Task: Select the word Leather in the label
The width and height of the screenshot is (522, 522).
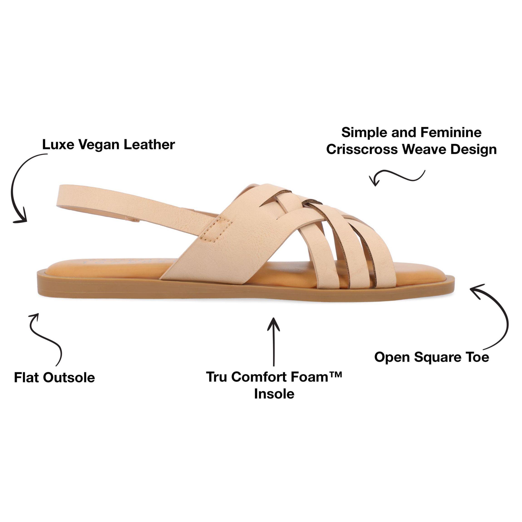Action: click(x=149, y=145)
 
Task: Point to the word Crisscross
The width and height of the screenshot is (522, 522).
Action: click(x=362, y=149)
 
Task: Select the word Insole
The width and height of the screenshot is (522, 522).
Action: click(x=274, y=394)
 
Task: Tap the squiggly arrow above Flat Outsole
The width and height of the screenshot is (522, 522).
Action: click(x=46, y=338)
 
